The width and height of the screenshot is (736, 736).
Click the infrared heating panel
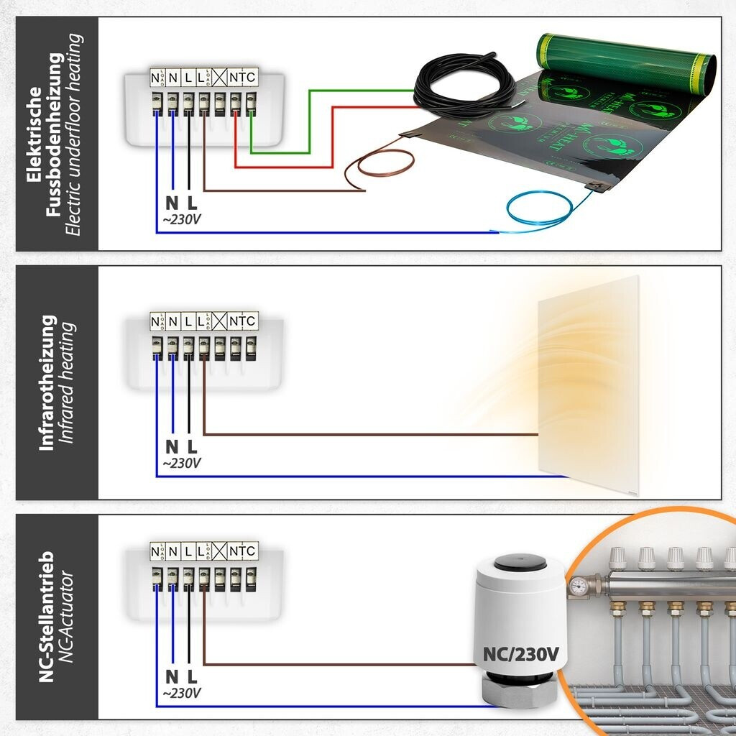click(588, 377)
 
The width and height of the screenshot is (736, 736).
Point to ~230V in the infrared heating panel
click(181, 463)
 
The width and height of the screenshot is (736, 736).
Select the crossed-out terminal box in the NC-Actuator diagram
click(218, 552)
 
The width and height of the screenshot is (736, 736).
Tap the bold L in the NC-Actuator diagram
click(192, 676)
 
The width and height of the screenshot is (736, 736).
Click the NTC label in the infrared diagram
click(242, 321)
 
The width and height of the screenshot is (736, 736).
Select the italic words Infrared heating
click(69, 382)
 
